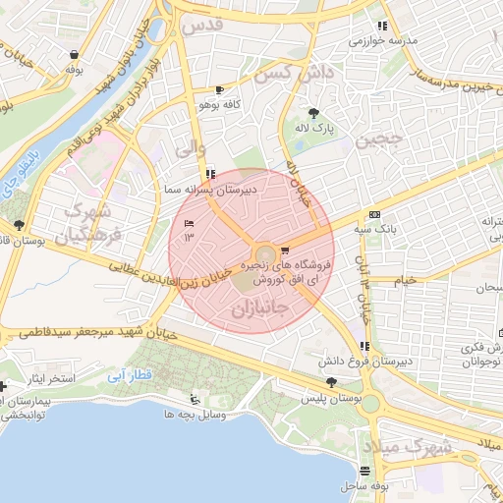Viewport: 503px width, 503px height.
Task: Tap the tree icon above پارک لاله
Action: click(313, 113)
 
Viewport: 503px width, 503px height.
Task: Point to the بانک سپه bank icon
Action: click(374, 214)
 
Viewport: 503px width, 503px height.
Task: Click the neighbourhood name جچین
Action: click(380, 140)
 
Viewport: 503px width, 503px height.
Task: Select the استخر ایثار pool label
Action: click(40, 378)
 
